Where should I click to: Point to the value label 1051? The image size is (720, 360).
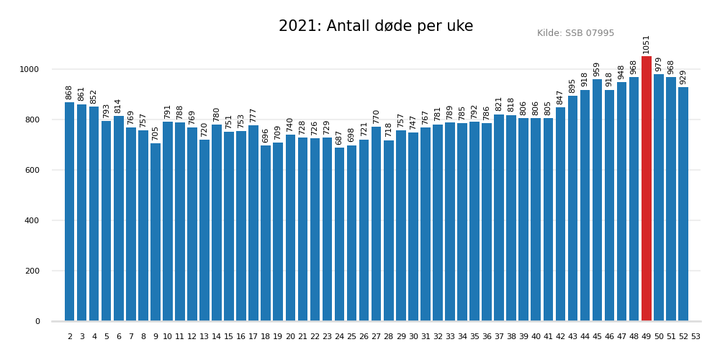coord(647,44)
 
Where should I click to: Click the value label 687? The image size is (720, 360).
coord(339,137)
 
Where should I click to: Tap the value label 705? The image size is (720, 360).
coord(156,132)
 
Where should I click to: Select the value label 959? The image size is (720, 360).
coord(597,68)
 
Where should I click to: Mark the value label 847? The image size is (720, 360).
coord(560,96)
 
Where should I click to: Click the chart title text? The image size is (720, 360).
coord(376,27)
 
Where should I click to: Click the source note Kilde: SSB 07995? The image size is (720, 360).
coord(575,33)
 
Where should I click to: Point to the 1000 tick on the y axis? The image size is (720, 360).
coord(30,69)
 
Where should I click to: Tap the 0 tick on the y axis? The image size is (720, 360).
coord(37,321)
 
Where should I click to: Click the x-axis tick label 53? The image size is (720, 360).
coord(696,336)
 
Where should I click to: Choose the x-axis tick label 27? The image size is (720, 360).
coord(376,336)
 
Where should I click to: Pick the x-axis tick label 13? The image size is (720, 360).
coord(204,336)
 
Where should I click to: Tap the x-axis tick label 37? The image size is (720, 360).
coord(499,336)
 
